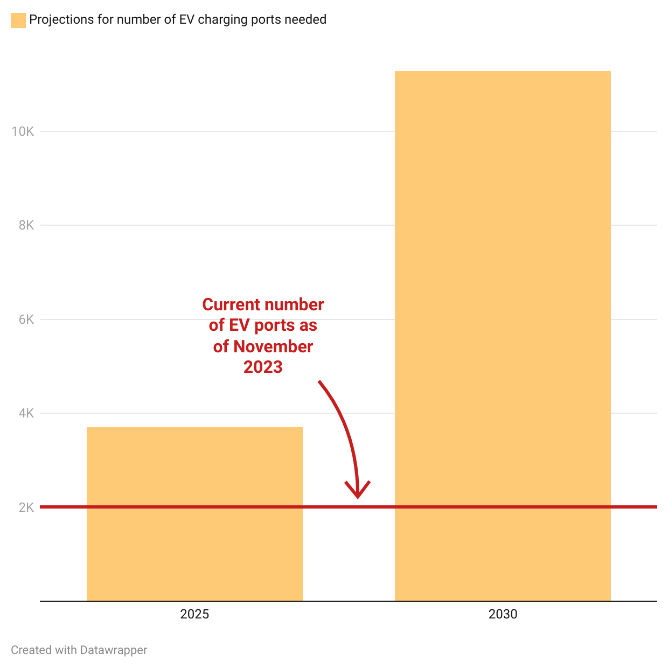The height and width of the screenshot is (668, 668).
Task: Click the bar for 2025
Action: (x=194, y=514)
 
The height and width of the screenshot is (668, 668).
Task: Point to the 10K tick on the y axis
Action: (x=23, y=131)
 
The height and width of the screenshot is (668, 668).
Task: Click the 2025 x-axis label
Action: (x=194, y=614)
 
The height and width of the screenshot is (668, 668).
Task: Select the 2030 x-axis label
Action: (x=503, y=614)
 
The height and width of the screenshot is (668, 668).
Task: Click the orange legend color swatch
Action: (x=18, y=20)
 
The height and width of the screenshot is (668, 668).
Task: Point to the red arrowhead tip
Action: (x=357, y=497)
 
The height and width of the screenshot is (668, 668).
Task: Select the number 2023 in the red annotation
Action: (x=263, y=367)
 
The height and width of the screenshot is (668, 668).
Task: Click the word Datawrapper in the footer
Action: (x=113, y=650)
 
